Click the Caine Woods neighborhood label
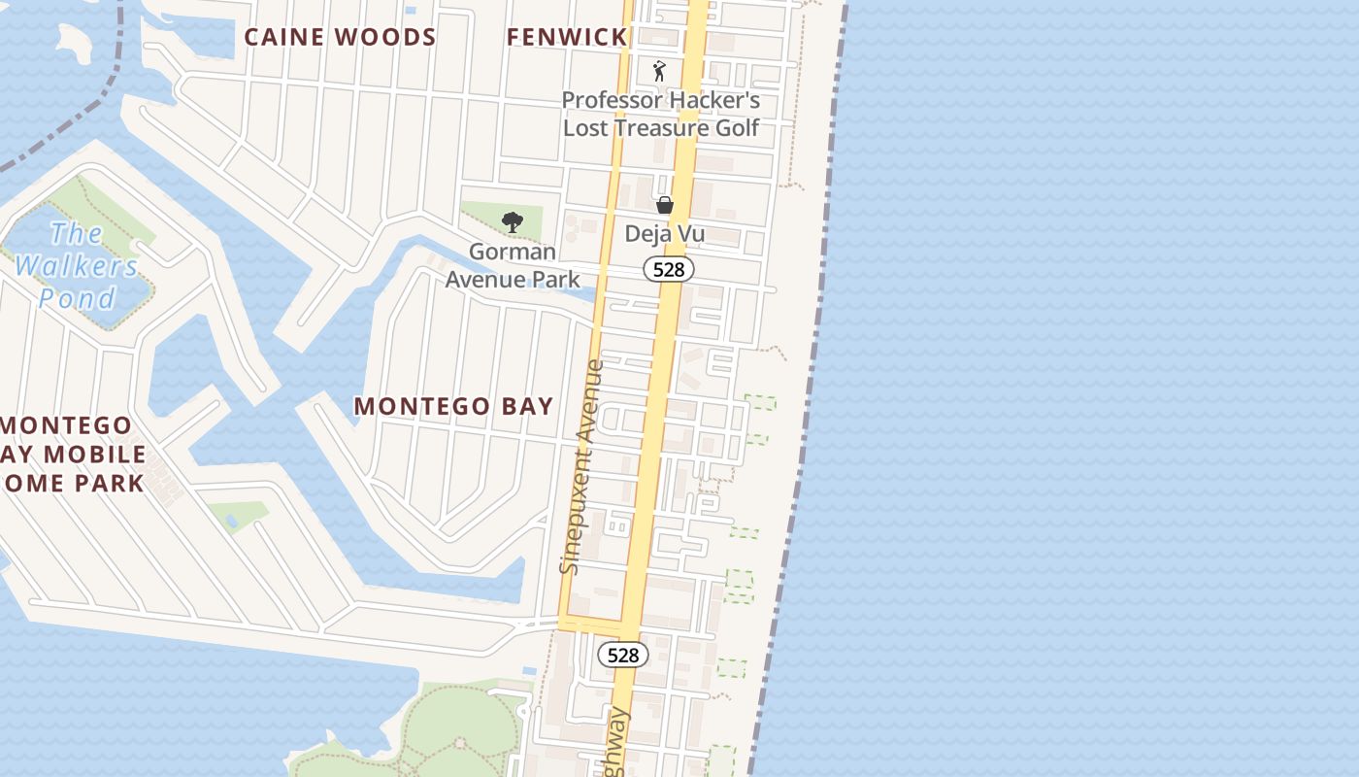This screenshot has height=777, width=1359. point(340,37)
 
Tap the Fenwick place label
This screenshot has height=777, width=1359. point(567,37)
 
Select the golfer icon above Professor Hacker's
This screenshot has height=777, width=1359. point(660,71)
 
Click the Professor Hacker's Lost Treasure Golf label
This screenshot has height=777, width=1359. point(661,114)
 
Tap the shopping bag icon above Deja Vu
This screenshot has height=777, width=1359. point(665,205)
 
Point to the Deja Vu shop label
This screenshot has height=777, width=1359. point(665,234)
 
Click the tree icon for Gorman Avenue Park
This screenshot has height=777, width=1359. point(512,222)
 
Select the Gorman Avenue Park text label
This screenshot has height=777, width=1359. point(513,265)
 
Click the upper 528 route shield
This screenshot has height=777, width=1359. point(669,270)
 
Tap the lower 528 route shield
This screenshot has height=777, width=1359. point(622,656)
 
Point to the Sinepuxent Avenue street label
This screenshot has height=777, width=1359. point(582,466)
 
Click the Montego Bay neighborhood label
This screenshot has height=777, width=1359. point(453,406)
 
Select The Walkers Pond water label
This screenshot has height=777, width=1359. point(77,265)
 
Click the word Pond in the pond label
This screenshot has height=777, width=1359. point(77,298)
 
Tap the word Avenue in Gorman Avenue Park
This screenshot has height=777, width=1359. point(513,280)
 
